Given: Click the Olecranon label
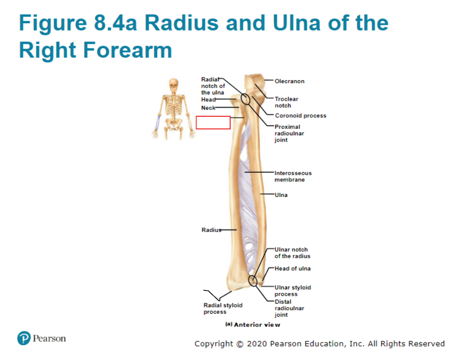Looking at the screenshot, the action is click(x=290, y=81).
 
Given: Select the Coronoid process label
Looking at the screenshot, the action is click(x=300, y=116).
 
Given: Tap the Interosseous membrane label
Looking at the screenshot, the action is click(x=293, y=176).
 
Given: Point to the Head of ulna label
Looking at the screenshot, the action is click(x=292, y=269).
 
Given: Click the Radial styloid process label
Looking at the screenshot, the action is click(x=223, y=308).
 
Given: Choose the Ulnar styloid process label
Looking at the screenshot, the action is click(x=292, y=290).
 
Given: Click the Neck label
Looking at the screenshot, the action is click(x=208, y=108).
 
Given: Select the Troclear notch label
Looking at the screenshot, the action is click(x=286, y=102).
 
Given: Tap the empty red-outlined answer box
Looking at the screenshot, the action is click(x=213, y=123).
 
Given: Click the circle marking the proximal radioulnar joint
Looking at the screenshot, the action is click(x=245, y=94).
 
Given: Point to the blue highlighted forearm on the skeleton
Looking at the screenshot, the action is click(x=157, y=122).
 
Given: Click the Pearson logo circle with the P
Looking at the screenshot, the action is click(x=24, y=338).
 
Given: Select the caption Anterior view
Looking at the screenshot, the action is click(x=257, y=324).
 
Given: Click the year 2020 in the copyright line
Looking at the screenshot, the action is click(x=256, y=343).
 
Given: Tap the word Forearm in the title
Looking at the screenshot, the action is click(x=127, y=50).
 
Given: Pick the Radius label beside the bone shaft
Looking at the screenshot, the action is click(x=211, y=230).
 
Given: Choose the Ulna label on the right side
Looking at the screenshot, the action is click(x=281, y=195).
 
